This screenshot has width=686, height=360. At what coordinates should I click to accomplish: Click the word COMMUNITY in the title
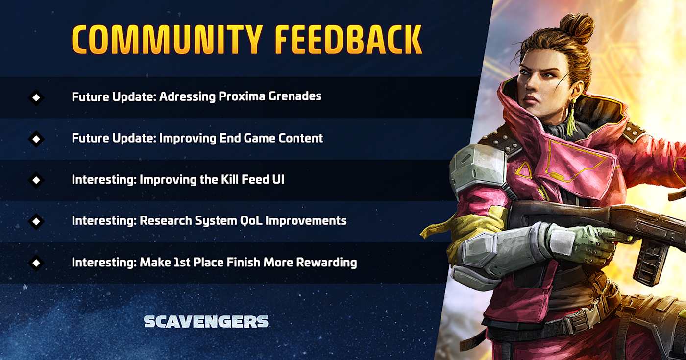point(167,40)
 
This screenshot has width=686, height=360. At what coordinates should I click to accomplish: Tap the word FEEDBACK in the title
point(348,40)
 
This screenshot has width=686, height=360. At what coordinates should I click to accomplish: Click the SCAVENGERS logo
point(206,321)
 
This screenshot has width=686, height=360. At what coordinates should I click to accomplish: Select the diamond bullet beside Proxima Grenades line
point(36,97)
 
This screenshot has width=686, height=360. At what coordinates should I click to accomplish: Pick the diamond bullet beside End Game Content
point(36,139)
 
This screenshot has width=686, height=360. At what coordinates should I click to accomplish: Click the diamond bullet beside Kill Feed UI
point(36,180)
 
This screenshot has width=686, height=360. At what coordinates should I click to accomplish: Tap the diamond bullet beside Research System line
point(36,221)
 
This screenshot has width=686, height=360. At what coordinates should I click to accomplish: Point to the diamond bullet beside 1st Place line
point(36,263)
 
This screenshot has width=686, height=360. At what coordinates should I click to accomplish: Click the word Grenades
point(295,96)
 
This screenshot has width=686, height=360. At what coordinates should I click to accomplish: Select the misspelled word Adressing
point(187,97)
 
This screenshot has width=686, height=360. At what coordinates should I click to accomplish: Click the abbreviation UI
point(278,179)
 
